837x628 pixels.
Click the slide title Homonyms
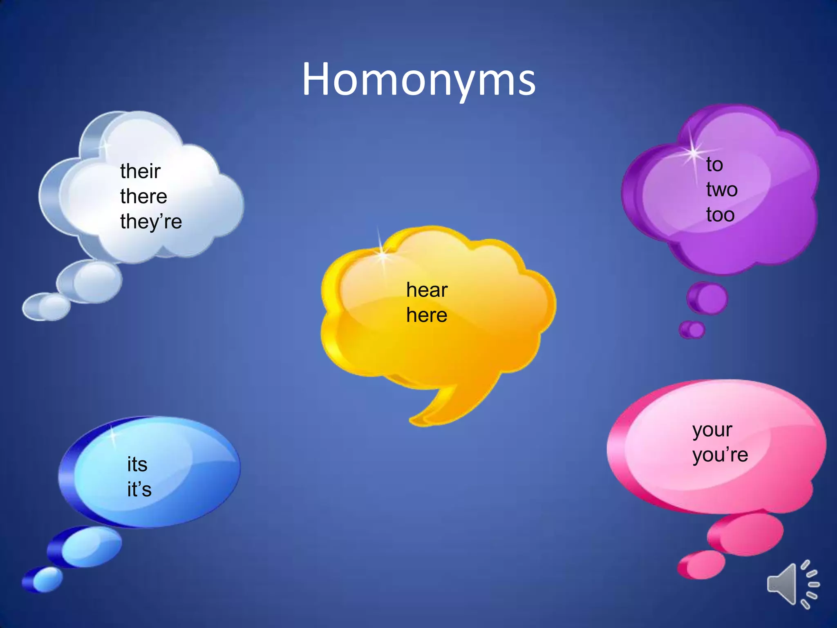tap(418, 79)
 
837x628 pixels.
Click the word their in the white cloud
tap(140, 171)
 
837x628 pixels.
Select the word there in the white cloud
tap(143, 196)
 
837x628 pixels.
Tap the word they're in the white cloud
tap(151, 222)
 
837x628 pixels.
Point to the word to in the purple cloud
tap(714, 164)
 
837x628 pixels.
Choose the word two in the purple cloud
tap(722, 190)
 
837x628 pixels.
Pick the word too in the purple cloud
tap(720, 215)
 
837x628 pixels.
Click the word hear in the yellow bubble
tap(427, 290)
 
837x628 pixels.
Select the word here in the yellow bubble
tap(427, 315)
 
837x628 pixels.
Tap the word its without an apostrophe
tap(137, 464)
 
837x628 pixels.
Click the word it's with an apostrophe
tap(139, 489)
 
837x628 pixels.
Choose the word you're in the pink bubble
tap(720, 455)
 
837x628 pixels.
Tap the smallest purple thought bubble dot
tap(692, 330)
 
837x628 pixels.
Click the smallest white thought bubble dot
tap(46, 306)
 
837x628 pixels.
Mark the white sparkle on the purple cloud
tap(693, 154)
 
